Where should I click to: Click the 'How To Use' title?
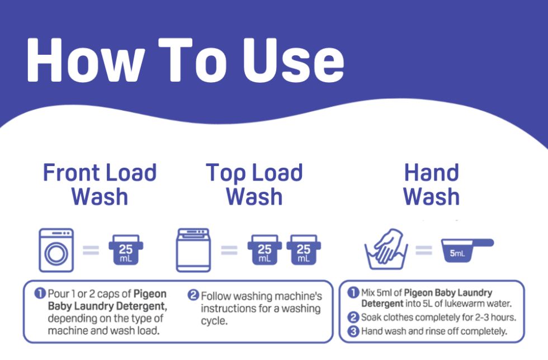[185, 60]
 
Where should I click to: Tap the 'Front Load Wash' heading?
[100, 184]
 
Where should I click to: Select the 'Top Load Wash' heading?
[254, 184]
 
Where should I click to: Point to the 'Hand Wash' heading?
[431, 184]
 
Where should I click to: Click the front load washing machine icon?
[56, 250]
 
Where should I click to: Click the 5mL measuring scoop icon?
[467, 249]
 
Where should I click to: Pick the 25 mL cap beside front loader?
[126, 249]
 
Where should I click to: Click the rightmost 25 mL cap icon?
[303, 249]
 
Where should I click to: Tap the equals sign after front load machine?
[91, 250]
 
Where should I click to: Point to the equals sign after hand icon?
[423, 250]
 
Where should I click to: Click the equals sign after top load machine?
[229, 250]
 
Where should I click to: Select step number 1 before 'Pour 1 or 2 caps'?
[40, 293]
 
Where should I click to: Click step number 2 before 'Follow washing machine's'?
[193, 295]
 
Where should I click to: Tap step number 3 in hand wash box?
[353, 331]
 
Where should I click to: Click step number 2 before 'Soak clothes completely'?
[353, 318]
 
